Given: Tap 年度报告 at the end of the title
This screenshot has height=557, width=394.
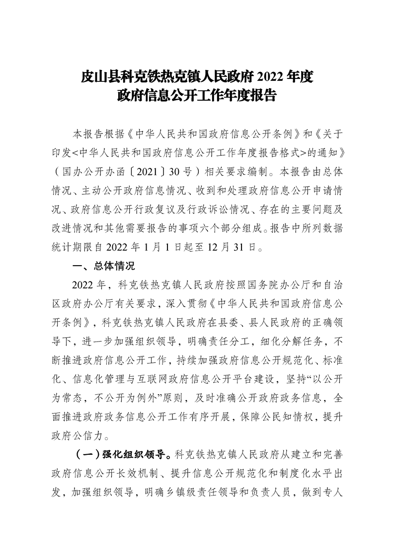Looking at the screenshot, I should coord(251,95).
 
